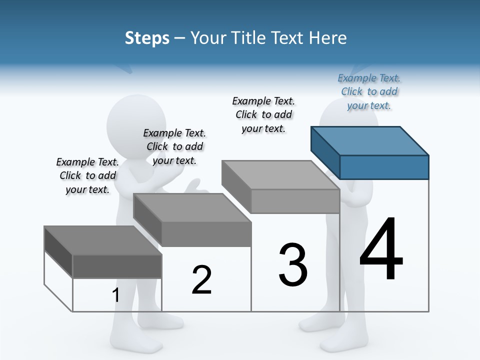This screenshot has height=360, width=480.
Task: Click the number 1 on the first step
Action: pos(116,295)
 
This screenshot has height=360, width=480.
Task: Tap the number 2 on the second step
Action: pos(201,280)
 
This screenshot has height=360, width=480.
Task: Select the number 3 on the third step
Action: pos(293,265)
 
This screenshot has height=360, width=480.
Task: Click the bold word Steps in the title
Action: pos(147,38)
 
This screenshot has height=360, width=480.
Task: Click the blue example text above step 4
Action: pos(369,92)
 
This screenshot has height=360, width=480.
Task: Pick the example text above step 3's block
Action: pos(263,114)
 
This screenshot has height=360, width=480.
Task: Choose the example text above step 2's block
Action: pos(174,146)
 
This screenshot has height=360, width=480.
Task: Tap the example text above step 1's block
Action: pos(87,175)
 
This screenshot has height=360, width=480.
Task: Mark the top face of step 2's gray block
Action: pos(192,207)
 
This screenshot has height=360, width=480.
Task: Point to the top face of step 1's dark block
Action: pos(103,240)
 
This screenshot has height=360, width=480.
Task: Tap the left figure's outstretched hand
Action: pos(197,188)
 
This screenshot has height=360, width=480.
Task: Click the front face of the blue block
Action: pos(384,167)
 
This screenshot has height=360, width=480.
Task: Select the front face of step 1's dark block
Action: pos(117,266)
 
